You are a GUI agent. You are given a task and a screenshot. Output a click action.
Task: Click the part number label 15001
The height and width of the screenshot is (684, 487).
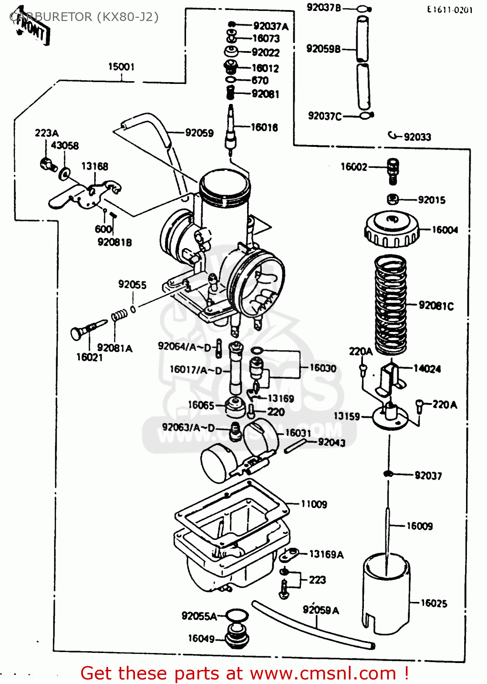[x=121, y=67]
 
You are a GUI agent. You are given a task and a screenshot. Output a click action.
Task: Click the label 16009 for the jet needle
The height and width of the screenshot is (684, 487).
[x=420, y=526]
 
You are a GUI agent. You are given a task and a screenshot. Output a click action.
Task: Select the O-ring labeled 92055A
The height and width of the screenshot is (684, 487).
[x=237, y=616]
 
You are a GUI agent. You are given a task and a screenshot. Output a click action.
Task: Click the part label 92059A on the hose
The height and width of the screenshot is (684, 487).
[x=321, y=610]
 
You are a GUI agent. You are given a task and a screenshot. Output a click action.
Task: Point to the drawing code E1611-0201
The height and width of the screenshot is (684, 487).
[x=450, y=10]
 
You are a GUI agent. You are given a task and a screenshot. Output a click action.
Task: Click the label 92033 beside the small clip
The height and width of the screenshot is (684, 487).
[x=417, y=137]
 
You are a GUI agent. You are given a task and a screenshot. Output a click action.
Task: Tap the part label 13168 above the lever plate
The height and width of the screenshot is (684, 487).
[x=95, y=166]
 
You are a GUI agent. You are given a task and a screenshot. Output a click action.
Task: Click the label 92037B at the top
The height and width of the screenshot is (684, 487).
[x=324, y=8]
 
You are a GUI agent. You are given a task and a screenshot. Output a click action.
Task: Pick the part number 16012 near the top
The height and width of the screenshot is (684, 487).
[x=265, y=68]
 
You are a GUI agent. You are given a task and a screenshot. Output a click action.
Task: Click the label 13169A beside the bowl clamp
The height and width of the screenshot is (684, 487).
[x=326, y=554]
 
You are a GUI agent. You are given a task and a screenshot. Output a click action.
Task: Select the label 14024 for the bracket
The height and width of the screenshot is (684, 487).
[x=427, y=369]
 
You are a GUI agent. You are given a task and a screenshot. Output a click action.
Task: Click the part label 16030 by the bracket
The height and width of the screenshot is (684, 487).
[x=323, y=368]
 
